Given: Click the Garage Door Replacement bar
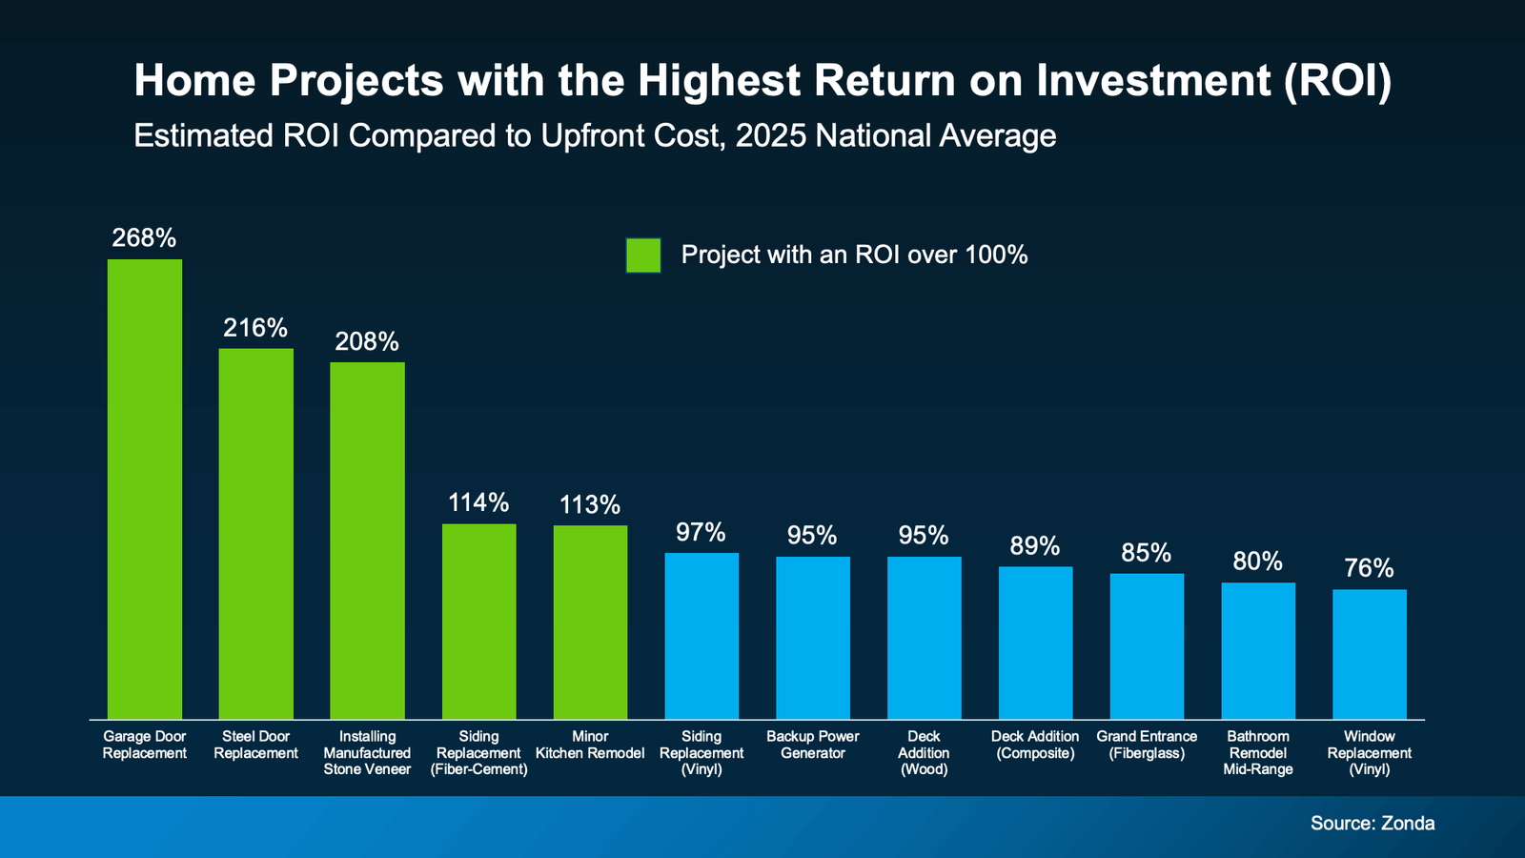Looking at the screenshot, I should click(x=145, y=488).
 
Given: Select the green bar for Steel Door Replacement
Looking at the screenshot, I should click(x=256, y=534).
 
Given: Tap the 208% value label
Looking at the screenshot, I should click(x=367, y=341).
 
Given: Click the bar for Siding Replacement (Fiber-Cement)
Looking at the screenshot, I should click(x=478, y=621).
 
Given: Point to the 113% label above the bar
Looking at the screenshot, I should click(x=590, y=504).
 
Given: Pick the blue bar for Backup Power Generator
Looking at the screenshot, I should click(x=813, y=637).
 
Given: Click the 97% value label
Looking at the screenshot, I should click(x=701, y=532).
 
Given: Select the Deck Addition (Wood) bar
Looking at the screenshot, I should click(x=924, y=637).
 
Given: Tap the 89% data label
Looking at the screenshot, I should click(x=1035, y=546).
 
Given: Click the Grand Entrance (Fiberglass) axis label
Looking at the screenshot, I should click(x=1147, y=745).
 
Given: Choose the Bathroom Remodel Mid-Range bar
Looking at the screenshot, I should click(x=1258, y=650).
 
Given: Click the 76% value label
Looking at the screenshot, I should click(x=1369, y=568).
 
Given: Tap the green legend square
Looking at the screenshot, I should click(x=643, y=255).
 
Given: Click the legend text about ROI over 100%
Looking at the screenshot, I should click(x=854, y=255).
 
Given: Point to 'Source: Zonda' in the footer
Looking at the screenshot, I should click(x=1372, y=823).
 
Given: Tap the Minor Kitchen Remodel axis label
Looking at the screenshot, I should click(x=590, y=745).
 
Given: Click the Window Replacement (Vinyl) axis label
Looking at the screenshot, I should click(x=1369, y=752).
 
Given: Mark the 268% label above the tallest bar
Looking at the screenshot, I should click(x=144, y=237).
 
